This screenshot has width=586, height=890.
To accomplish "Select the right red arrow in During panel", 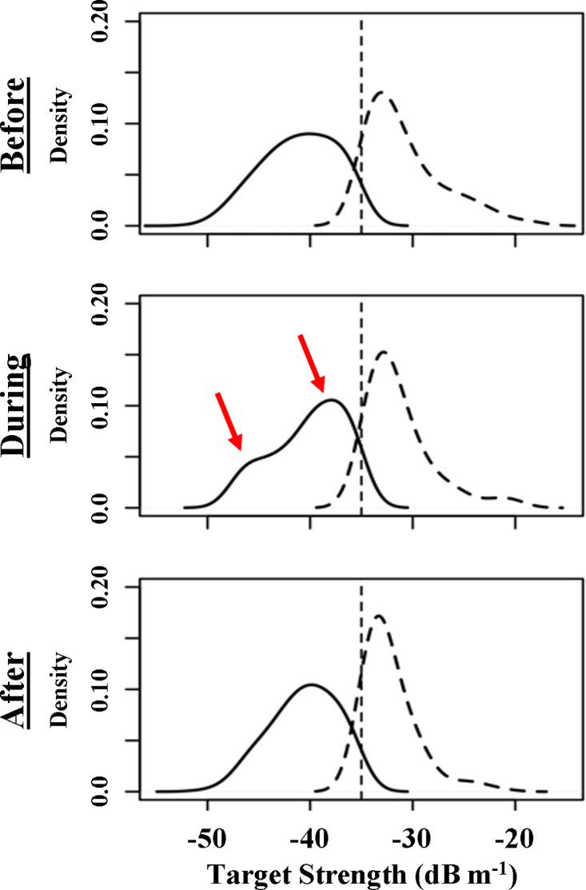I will tap(312, 364).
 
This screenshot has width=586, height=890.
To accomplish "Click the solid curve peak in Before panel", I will tap(309, 134).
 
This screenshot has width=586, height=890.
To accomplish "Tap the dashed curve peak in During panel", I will tap(383, 352).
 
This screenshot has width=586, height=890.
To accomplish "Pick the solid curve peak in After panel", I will tap(310, 684).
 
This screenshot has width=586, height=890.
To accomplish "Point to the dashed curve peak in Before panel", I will tap(380, 93).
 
